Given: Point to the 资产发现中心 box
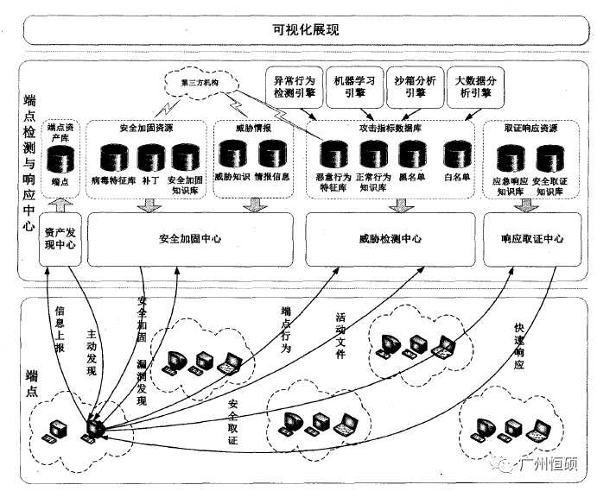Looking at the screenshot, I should point(60,239).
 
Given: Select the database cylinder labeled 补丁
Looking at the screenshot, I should point(150,158).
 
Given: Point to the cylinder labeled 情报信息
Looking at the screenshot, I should point(271,154).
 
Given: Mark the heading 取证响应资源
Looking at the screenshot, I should point(531,128).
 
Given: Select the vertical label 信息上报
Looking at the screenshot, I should point(60,327).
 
